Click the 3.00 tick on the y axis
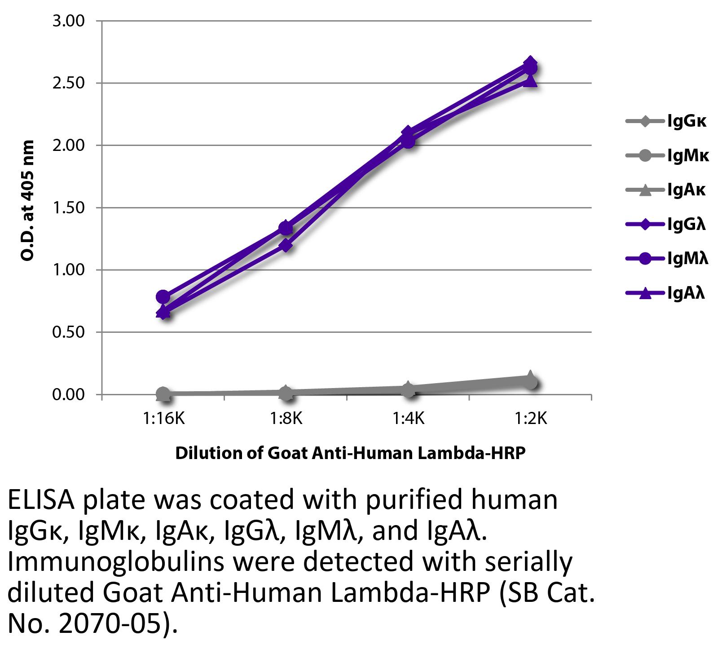(x=68, y=21)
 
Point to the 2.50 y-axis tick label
(x=68, y=83)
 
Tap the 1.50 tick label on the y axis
(x=68, y=208)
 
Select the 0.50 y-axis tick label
(x=68, y=332)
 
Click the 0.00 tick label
(x=68, y=394)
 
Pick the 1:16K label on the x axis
(x=163, y=419)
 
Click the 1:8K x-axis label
(x=286, y=419)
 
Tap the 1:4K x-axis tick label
(x=408, y=419)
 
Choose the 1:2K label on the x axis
(x=531, y=419)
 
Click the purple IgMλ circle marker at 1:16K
(x=163, y=296)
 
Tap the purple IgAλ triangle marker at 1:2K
(x=531, y=80)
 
